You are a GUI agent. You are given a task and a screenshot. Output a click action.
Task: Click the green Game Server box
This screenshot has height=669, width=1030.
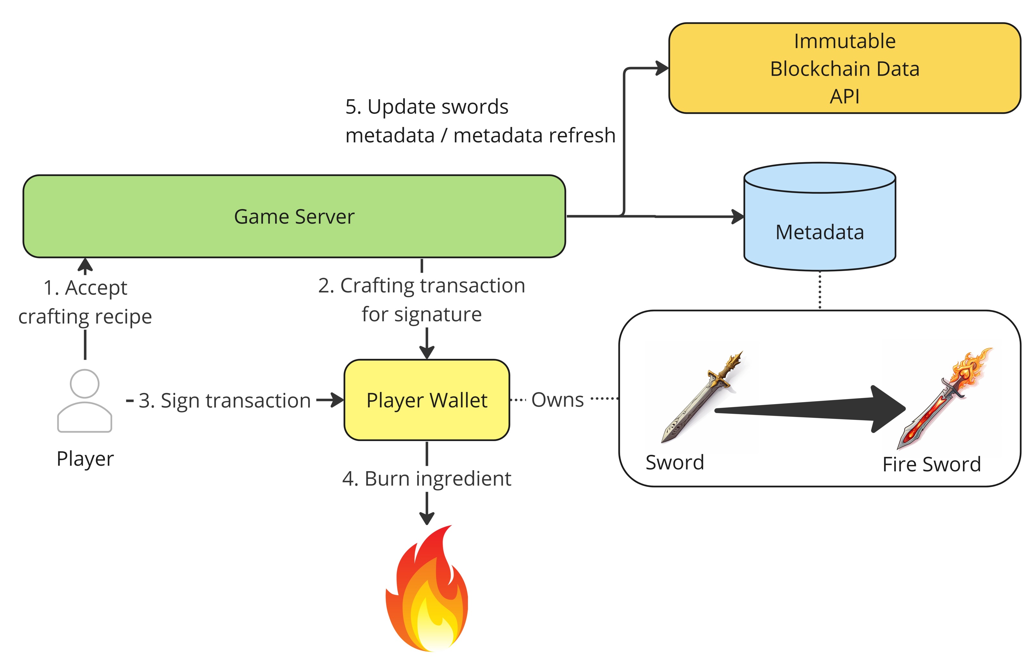point(294,216)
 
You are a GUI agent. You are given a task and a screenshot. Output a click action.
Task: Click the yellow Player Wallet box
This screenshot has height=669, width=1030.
point(427,400)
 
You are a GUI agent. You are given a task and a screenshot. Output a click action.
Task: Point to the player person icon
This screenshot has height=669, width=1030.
point(85,400)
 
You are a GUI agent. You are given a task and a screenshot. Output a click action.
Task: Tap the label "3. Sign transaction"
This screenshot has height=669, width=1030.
point(225,401)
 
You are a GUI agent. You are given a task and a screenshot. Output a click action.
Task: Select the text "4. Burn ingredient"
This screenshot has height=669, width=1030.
point(427,478)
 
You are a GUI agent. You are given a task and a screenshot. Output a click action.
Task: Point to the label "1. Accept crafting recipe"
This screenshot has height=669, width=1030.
point(85,302)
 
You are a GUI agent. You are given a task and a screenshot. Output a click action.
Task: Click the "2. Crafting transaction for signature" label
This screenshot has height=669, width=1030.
point(421,300)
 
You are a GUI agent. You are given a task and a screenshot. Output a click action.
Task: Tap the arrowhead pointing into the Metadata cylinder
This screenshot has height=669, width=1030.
point(737,216)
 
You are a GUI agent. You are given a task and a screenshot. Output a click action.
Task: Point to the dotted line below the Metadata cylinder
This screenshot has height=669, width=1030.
point(820,290)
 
